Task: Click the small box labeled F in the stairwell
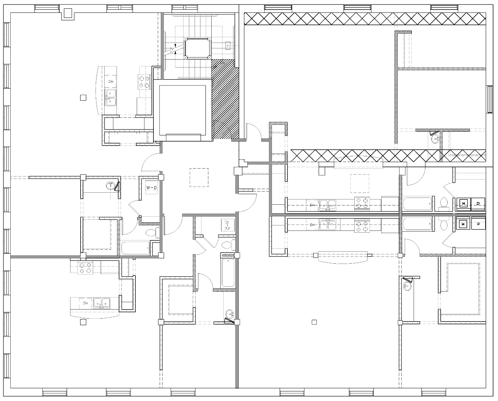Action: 228,46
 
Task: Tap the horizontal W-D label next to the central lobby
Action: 152,187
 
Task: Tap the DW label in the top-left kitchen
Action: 111,81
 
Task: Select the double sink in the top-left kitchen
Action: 111,98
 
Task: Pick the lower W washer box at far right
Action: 463,224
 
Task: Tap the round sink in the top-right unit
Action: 435,139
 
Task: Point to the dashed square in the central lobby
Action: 199,178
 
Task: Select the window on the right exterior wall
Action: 490,99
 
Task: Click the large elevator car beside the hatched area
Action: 182,110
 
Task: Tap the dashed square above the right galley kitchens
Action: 360,184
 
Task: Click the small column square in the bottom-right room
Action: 314,322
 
